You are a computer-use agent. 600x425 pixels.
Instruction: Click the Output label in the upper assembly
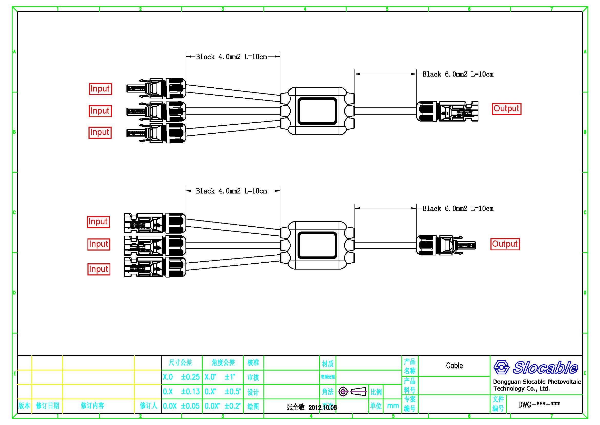pyautogui.click(x=506, y=109)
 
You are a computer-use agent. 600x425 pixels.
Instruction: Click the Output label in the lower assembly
pyautogui.click(x=505, y=244)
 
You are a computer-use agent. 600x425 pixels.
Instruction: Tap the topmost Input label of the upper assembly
pyautogui.click(x=100, y=89)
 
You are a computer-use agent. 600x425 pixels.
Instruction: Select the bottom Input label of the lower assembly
pyautogui.click(x=99, y=269)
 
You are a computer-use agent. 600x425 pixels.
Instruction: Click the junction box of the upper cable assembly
pyautogui.click(x=317, y=111)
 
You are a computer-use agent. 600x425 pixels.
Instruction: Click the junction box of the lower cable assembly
pyautogui.click(x=317, y=245)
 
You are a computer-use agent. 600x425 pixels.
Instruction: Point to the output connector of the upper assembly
pyautogui.click(x=447, y=112)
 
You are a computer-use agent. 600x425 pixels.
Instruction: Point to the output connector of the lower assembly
pyautogui.click(x=446, y=245)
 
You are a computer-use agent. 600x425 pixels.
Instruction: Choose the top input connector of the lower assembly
pyautogui.click(x=155, y=223)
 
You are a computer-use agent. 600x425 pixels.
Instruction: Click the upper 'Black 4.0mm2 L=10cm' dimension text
pyautogui.click(x=232, y=57)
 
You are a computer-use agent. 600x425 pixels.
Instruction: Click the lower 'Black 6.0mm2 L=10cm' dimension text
pyautogui.click(x=458, y=209)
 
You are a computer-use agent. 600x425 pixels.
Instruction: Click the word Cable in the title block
pyautogui.click(x=454, y=366)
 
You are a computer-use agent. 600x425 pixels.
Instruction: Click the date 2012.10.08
pyautogui.click(x=322, y=408)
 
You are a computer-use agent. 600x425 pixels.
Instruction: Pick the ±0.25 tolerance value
pyautogui.click(x=190, y=377)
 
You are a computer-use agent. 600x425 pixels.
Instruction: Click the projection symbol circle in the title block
pyautogui.click(x=343, y=392)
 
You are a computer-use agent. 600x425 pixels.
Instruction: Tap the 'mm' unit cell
pyautogui.click(x=393, y=406)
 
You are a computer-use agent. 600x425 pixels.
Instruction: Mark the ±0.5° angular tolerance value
pyautogui.click(x=232, y=392)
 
